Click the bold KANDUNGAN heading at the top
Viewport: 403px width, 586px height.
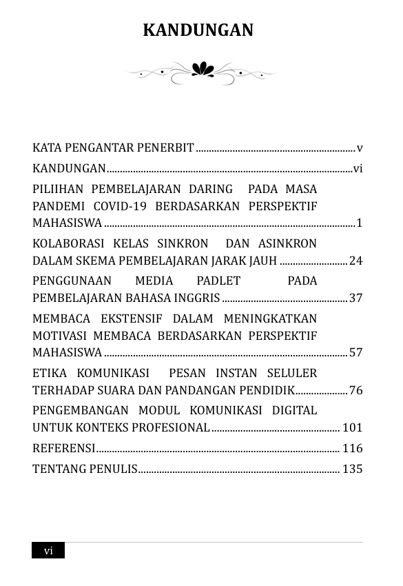coord(198,30)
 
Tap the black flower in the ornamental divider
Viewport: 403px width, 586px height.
coord(203,69)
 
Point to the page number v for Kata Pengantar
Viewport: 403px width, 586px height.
coord(360,148)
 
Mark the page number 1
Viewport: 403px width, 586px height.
coord(359,223)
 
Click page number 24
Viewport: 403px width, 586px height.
coord(355,261)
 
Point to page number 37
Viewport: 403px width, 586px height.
coord(355,298)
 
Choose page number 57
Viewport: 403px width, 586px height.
coord(355,352)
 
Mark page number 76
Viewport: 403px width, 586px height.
coord(355,390)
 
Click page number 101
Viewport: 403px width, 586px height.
coord(352,427)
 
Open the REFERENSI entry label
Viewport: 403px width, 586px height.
coord(64,448)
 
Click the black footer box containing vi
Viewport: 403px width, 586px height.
coord(48,550)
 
